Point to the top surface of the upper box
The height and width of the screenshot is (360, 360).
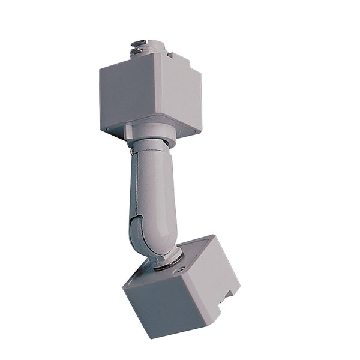pos(150,60)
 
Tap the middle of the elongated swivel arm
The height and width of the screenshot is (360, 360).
pos(152,192)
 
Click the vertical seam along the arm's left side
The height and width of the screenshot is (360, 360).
pos(131,192)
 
